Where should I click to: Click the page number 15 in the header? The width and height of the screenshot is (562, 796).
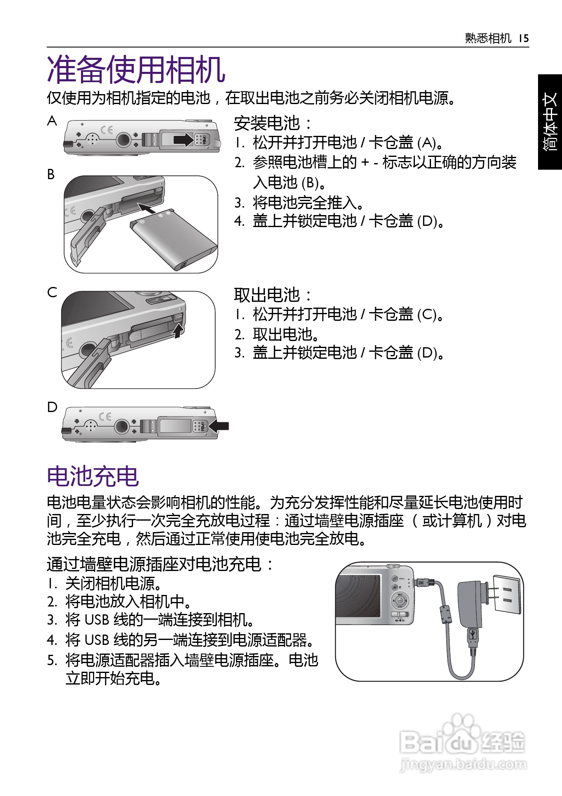524,38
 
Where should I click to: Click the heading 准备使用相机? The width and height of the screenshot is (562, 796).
136,70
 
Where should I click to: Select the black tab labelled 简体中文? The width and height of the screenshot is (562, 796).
550,122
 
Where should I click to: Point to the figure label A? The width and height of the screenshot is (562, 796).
52,121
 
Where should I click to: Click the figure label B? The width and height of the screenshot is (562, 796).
51,174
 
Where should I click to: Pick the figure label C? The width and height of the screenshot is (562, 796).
52,292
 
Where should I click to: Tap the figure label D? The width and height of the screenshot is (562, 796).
52,407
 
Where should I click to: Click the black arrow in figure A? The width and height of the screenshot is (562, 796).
183,139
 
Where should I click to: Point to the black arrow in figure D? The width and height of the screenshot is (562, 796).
219,426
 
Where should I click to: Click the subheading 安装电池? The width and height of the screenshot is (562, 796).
267,123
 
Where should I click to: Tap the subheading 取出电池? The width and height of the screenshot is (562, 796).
267,295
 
